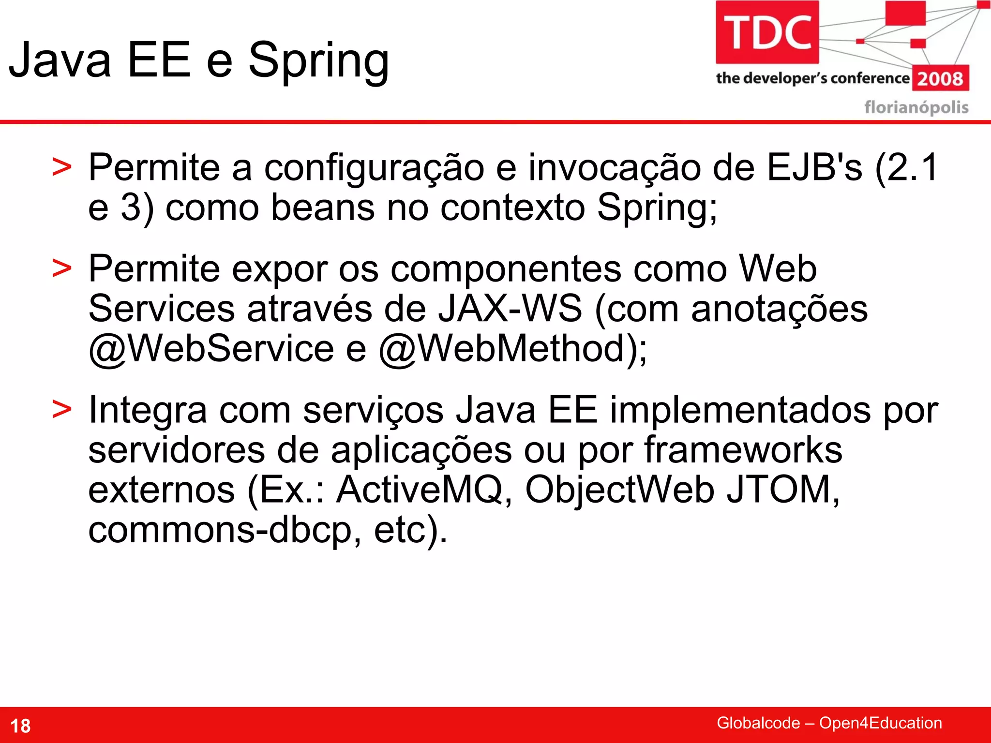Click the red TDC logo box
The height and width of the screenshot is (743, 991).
(767, 32)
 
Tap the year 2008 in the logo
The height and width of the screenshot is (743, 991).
(940, 78)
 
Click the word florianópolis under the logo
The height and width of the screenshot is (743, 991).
(916, 107)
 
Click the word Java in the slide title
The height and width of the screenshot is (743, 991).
(60, 60)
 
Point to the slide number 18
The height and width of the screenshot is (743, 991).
(20, 726)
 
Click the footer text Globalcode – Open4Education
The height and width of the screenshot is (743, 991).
(829, 723)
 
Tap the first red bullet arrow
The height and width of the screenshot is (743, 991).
(62, 168)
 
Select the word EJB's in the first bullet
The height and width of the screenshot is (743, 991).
(814, 168)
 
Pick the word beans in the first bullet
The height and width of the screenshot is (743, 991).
(323, 208)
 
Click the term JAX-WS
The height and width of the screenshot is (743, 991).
(510, 309)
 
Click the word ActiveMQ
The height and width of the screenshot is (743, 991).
(420, 490)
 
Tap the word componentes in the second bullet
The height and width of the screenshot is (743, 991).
(506, 269)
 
